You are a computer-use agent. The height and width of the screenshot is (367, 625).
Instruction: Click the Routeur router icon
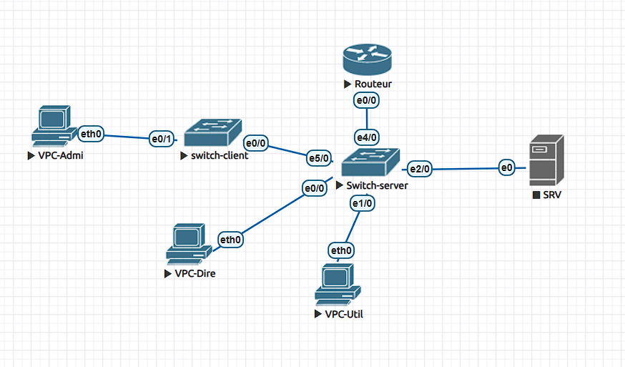(367, 59)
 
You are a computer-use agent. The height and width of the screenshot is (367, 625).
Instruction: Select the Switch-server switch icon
(370, 162)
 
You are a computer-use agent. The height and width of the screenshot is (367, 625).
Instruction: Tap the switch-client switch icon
(213, 132)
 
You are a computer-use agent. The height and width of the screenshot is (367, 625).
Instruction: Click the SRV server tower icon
(546, 160)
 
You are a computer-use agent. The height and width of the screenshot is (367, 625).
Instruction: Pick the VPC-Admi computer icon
(54, 126)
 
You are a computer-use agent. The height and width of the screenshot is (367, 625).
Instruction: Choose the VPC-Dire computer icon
(189, 244)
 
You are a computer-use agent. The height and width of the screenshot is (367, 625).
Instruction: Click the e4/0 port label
(367, 137)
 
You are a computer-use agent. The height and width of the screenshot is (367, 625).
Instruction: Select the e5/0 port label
(319, 158)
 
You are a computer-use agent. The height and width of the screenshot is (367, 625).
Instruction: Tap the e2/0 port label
(419, 169)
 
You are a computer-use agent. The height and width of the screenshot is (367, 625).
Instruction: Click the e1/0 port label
(363, 203)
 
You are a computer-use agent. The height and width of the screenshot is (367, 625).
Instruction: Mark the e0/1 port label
(162, 139)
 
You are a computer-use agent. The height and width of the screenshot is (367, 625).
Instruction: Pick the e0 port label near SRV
(506, 167)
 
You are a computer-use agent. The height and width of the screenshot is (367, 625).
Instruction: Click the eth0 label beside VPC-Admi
(91, 134)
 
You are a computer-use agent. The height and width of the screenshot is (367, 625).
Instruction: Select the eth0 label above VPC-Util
(341, 250)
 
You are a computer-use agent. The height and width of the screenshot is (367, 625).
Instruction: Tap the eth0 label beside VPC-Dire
(230, 240)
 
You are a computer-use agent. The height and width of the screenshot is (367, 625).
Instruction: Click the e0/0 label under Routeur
(366, 100)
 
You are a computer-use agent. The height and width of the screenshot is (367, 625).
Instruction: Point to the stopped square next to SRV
(536, 195)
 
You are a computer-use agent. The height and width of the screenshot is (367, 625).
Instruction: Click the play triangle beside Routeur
(348, 84)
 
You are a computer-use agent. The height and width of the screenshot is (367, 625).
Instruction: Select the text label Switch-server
(377, 185)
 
